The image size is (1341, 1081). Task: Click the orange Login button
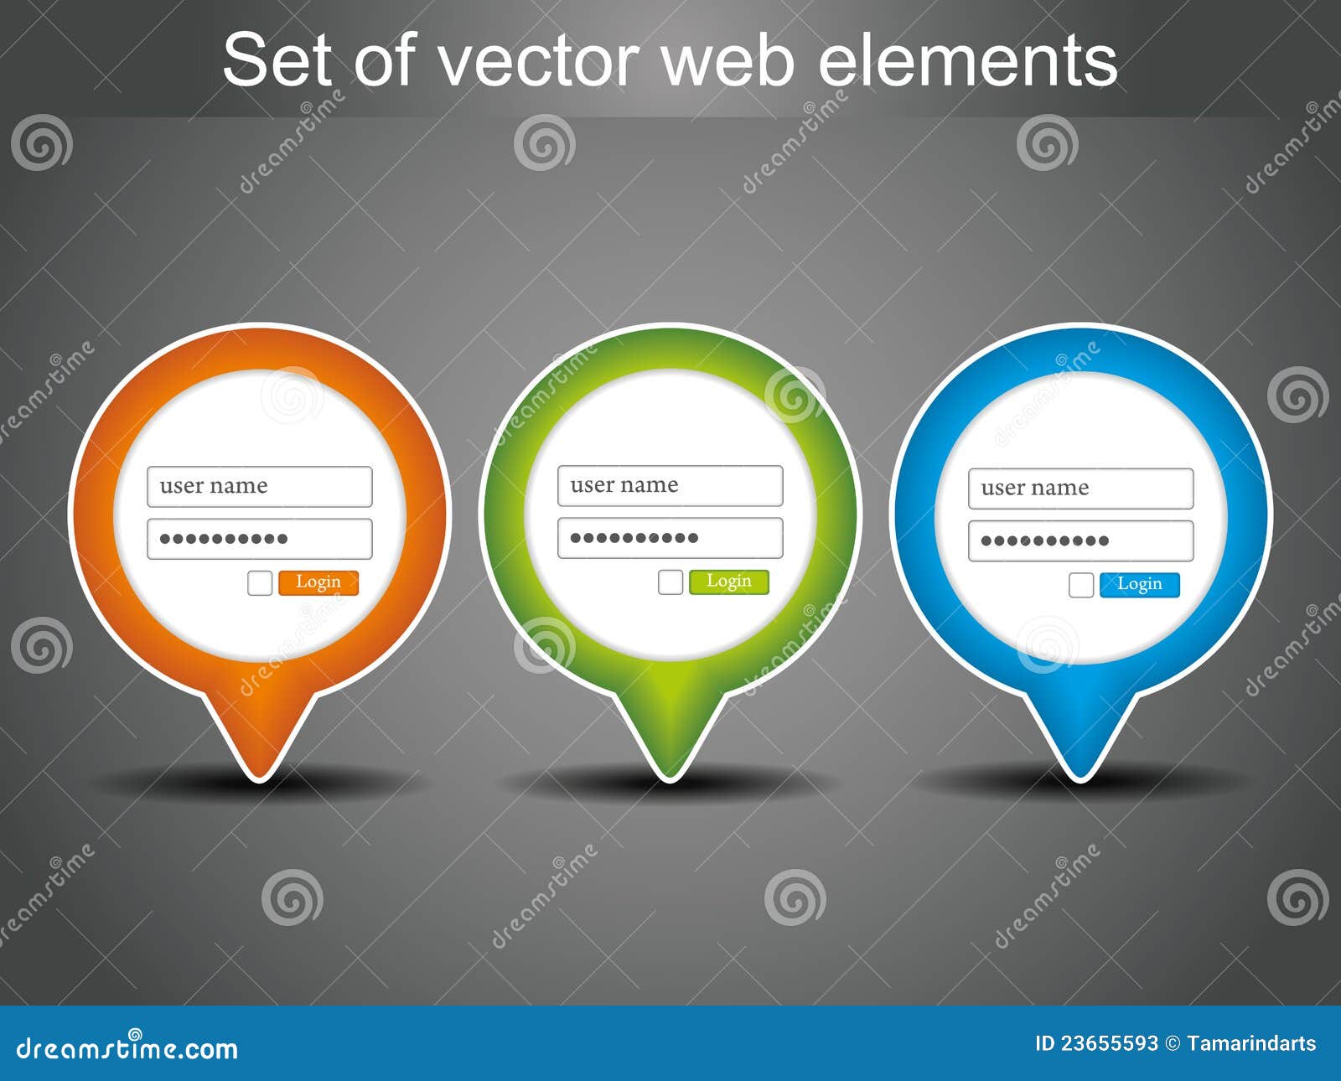318,582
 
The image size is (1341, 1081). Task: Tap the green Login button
728,582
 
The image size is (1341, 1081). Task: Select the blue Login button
1139,584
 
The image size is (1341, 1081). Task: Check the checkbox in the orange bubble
260,583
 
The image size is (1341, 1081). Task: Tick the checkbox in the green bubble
670,582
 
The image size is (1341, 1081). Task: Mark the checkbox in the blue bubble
1081,585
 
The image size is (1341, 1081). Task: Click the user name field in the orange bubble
260,487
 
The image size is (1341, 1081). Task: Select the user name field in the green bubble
670,486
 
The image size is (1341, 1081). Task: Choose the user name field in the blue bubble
1081,489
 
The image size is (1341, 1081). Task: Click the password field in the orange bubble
260,539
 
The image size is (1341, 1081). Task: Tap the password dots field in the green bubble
670,538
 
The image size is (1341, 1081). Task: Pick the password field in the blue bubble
1081,540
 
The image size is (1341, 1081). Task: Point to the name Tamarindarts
1251,1043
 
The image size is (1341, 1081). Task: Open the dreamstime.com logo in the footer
127,1047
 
